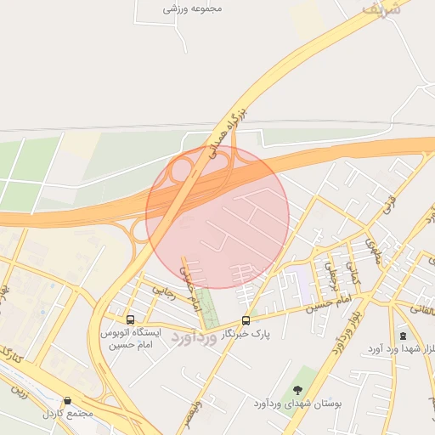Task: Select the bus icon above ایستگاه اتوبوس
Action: [x=129, y=320]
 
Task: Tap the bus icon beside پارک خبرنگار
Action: [x=246, y=320]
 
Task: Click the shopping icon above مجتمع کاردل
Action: [x=67, y=400]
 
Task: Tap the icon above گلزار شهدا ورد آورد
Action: [x=403, y=336]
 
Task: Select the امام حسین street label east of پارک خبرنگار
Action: [x=332, y=302]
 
